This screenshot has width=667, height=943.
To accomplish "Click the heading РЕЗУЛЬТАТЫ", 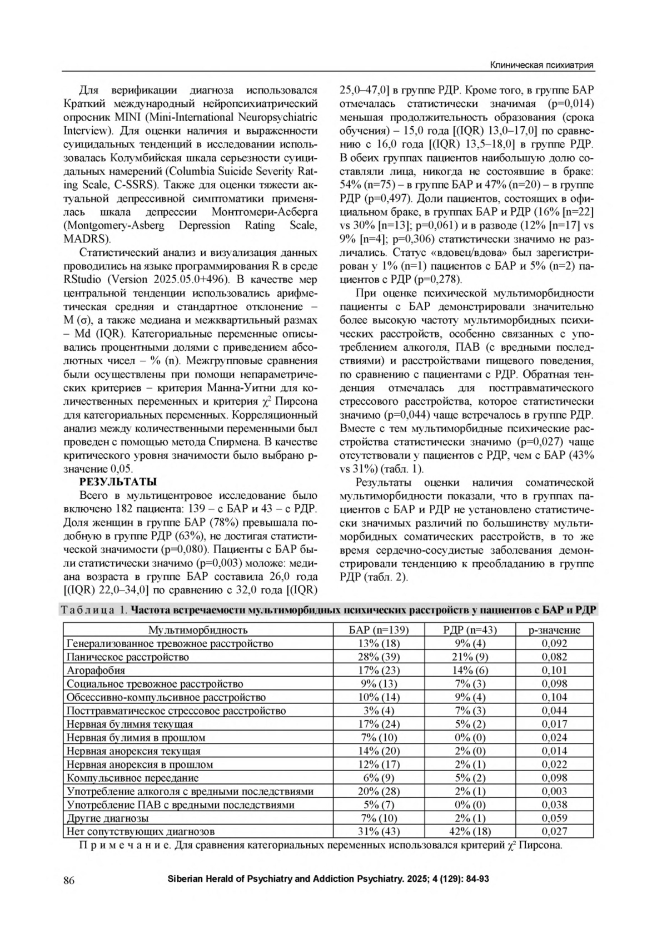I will coord(118,482).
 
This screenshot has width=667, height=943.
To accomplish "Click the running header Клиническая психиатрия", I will coord(541,66).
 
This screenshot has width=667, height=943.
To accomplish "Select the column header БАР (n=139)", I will coord(379,630).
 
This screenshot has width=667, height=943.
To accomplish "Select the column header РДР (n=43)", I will coord(470,630).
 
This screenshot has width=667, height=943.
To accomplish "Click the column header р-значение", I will coord(554,630).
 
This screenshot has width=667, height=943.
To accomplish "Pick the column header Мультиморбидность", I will coord(198,630).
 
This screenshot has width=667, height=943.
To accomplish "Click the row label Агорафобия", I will coord(96,671).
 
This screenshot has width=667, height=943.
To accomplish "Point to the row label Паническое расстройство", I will coord(127,657).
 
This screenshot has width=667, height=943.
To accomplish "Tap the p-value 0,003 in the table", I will coord(554,791).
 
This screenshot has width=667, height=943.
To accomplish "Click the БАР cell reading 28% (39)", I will coord(379,657).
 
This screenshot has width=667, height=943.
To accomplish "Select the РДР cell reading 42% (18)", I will coord(470,832).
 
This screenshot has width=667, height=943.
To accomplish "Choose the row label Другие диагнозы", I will coord(107,818).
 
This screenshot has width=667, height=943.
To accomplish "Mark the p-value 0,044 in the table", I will coord(554,711).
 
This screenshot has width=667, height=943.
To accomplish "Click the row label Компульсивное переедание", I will coord(132,778).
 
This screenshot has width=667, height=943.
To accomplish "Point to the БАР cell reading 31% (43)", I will coord(379,832).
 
